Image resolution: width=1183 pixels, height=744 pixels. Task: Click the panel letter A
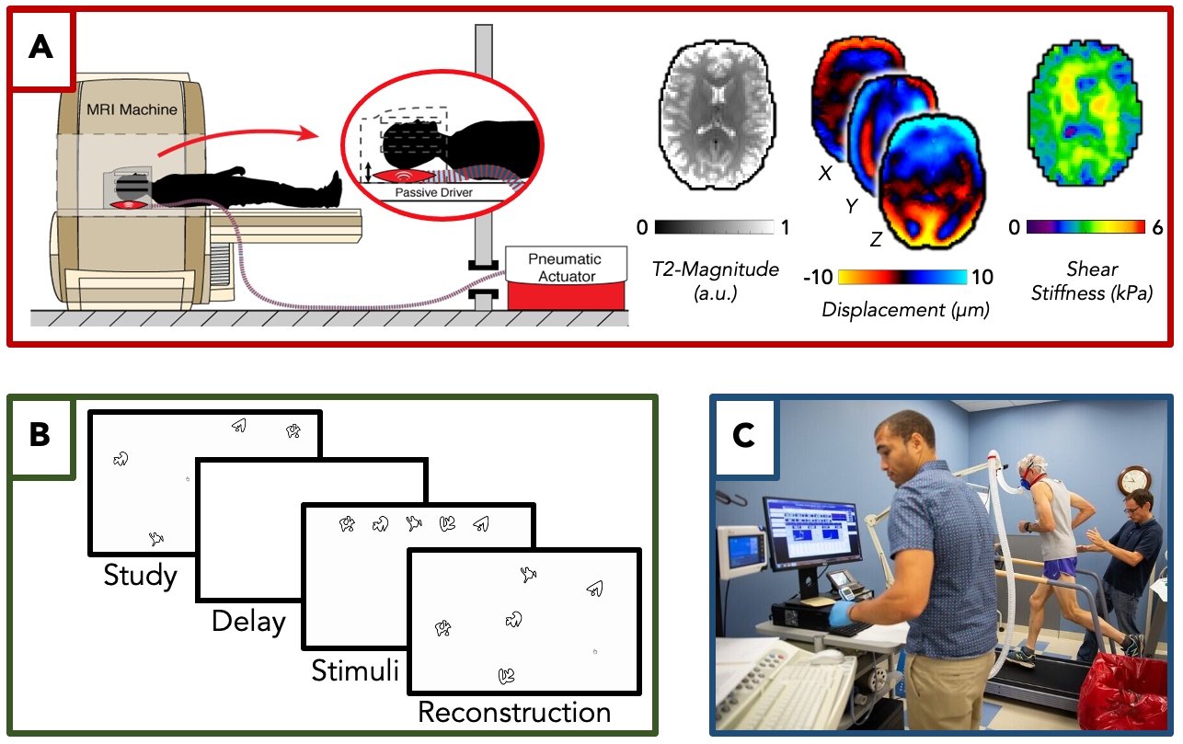[x=40, y=47]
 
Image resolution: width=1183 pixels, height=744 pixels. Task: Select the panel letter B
[x=40, y=435]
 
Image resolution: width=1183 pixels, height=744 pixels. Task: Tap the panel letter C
[x=743, y=435]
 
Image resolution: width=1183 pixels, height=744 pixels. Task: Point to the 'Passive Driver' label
[x=433, y=193]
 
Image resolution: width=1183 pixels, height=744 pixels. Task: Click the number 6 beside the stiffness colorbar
[x=1157, y=227]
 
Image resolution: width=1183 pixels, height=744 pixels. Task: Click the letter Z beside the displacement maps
[x=878, y=241]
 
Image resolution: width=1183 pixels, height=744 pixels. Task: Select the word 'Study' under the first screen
[x=140, y=576]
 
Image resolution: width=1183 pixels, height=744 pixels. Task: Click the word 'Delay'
[x=248, y=622]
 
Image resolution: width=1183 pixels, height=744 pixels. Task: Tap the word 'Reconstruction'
[x=514, y=712]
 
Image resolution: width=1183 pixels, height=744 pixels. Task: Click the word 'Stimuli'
[x=355, y=669]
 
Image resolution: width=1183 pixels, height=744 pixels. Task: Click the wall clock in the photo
[x=1134, y=480]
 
